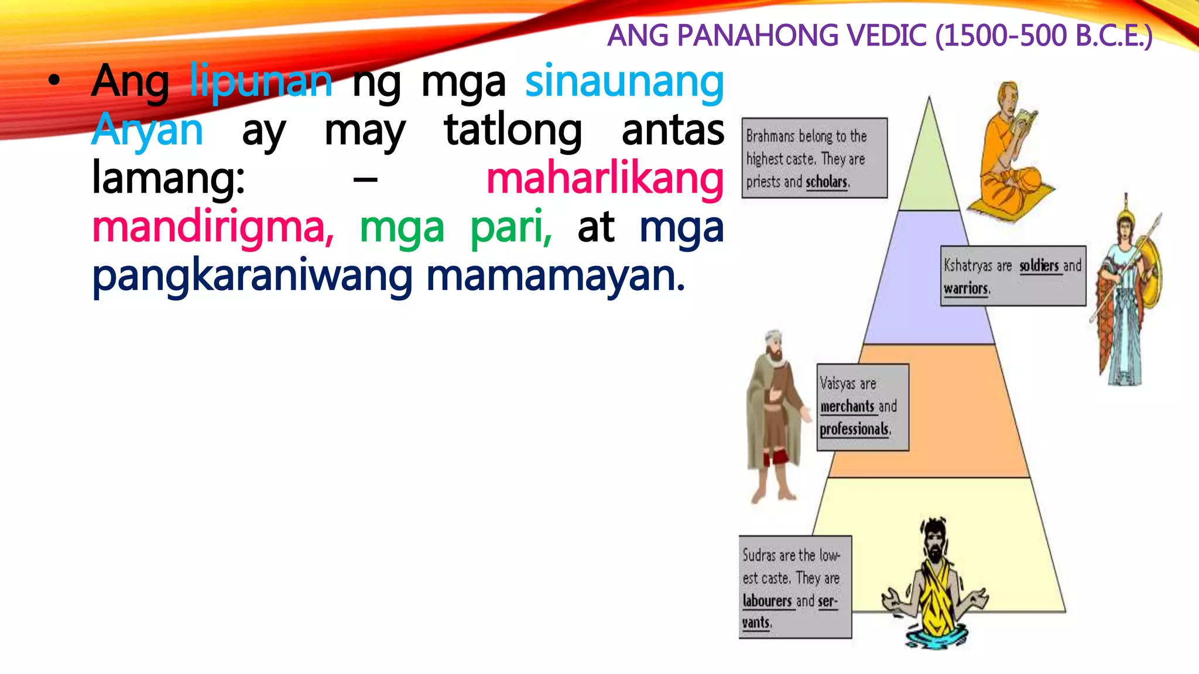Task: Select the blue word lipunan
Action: click(261, 82)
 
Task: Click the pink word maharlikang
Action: click(605, 178)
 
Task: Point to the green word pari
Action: click(511, 227)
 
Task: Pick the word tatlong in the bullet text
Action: click(513, 130)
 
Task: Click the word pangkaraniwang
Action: click(252, 276)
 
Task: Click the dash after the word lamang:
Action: click(365, 180)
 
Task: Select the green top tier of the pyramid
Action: click(929, 170)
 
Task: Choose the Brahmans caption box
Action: click(814, 158)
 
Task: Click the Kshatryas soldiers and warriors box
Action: click(1013, 276)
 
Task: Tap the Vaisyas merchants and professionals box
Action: click(862, 407)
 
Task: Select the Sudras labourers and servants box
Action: click(794, 587)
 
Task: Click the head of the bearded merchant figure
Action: click(774, 345)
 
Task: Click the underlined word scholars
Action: click(827, 182)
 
